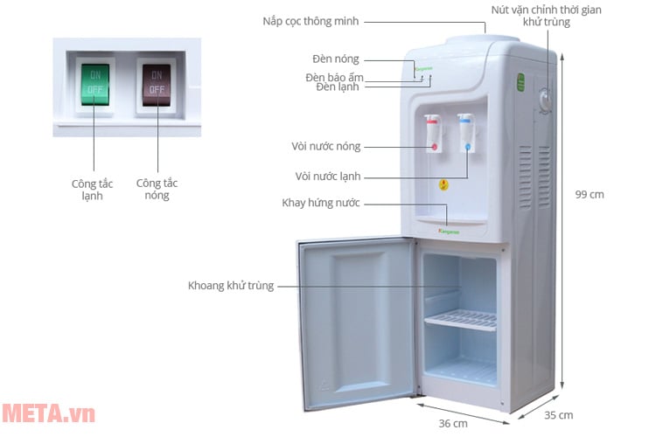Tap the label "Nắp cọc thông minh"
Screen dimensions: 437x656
tap(317, 20)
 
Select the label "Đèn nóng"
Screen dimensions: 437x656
tap(336, 59)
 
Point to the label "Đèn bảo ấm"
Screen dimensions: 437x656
tap(333, 77)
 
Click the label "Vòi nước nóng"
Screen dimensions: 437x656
tap(325, 146)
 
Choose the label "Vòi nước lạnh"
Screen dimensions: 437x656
tap(327, 177)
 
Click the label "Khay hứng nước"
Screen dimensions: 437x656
tap(321, 203)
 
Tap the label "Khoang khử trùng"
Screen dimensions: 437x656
tap(231, 285)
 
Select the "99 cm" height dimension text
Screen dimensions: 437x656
tap(590, 195)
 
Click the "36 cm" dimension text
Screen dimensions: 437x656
tap(451, 424)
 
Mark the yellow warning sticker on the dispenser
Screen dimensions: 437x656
tap(443, 184)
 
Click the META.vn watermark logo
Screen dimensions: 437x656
tap(48, 413)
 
